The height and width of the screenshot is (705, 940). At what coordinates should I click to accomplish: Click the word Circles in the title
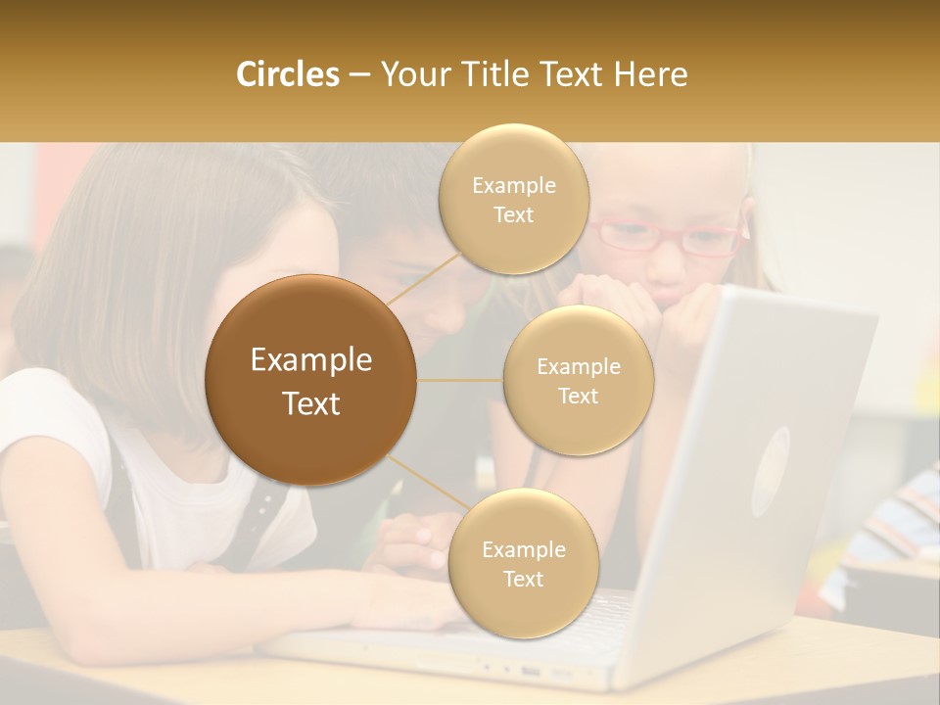288,74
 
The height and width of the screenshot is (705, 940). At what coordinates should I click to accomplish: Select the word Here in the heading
650,74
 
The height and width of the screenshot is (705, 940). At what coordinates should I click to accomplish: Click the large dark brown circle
311,380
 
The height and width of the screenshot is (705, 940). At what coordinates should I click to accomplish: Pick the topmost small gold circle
514,200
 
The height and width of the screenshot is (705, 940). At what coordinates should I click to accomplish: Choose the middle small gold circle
579,381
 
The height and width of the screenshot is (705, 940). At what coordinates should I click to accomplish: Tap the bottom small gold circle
523,564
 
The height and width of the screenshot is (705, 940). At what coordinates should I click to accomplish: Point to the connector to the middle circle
459,380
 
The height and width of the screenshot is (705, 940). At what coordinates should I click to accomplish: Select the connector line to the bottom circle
427,483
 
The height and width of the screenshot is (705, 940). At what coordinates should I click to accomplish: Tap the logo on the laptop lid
771,471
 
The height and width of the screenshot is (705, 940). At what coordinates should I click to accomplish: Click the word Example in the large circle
311,360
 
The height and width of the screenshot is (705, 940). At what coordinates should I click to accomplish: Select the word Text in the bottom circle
523,579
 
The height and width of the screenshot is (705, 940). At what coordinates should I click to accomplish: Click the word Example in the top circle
514,185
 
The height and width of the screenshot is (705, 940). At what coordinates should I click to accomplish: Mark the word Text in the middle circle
579,396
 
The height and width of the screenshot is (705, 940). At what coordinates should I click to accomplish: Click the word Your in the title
407,74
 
